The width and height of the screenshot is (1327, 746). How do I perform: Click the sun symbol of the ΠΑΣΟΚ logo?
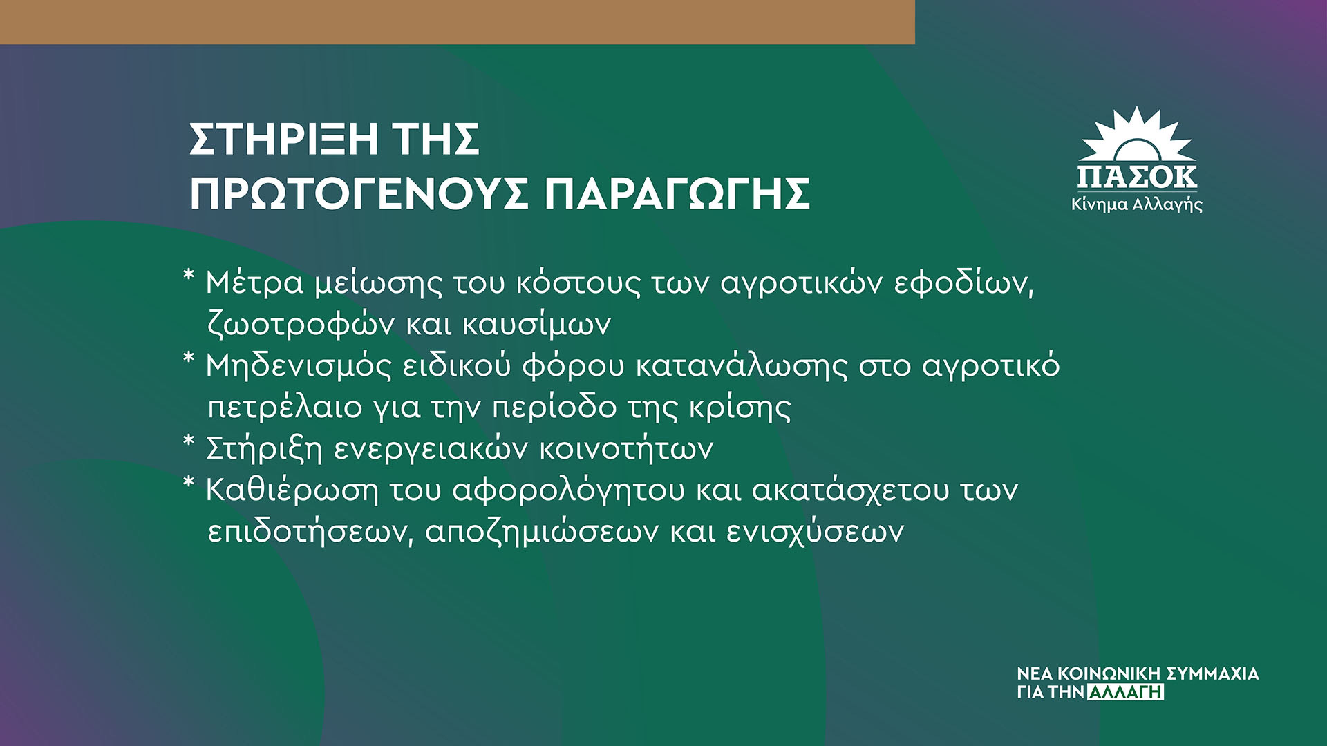coord(1137,136)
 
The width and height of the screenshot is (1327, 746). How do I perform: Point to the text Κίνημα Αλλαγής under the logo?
coord(1137,205)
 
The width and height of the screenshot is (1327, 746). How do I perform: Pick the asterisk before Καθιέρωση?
coord(189,482)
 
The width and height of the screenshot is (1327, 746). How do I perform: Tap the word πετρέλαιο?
coord(284,408)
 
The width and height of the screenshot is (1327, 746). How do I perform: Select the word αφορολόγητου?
coord(569,491)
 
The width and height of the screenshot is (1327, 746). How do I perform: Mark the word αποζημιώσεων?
coord(542,532)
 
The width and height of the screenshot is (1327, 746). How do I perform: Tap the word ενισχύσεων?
coord(816,532)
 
